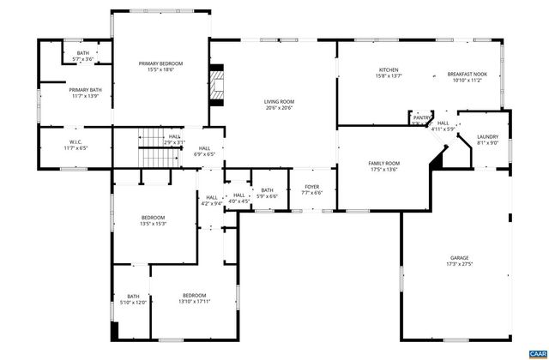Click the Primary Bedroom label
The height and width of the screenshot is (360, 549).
[161, 67]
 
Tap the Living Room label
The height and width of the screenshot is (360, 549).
[279, 105]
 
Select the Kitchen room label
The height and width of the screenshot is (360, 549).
[389, 73]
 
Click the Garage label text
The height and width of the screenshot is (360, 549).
[460, 261]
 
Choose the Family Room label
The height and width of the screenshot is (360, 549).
[384, 166]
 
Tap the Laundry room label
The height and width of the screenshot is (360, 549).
[487, 140]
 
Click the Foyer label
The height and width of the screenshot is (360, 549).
[311, 189]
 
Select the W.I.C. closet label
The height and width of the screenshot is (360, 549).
[75, 145]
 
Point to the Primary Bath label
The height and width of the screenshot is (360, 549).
[85, 93]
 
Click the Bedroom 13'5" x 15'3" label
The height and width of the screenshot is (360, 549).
[154, 220]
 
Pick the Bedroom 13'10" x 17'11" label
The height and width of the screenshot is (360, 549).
[195, 299]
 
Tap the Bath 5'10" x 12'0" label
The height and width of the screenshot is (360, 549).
[133, 299]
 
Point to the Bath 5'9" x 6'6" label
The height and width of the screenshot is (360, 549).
[267, 194]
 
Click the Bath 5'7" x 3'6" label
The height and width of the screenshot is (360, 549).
[82, 56]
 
